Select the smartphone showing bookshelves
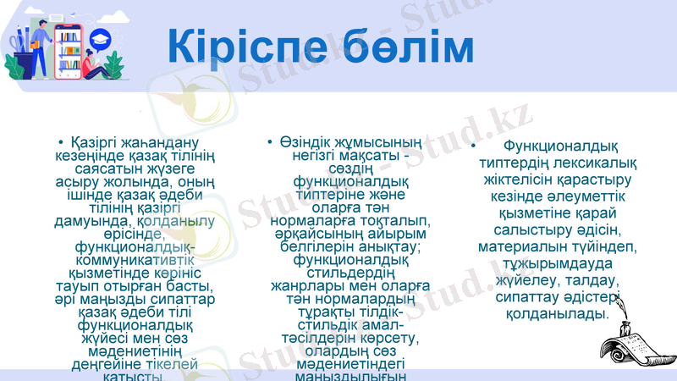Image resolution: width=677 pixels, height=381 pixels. tap(68, 51)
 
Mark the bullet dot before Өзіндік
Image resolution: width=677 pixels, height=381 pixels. tap(267, 141)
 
